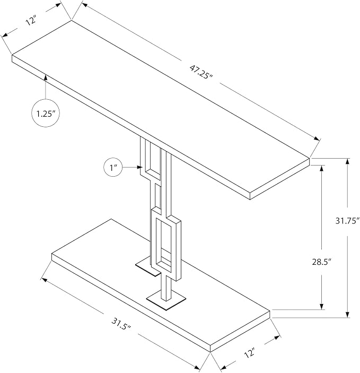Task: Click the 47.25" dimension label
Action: click(x=201, y=72)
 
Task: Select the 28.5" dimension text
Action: click(x=322, y=262)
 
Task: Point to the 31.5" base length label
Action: click(x=121, y=323)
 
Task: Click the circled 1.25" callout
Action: click(x=46, y=114)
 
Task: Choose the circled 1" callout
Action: click(x=113, y=168)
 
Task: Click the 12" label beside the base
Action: click(x=250, y=352)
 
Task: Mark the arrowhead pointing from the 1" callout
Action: click(x=139, y=168)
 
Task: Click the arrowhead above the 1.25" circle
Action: click(x=46, y=78)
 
